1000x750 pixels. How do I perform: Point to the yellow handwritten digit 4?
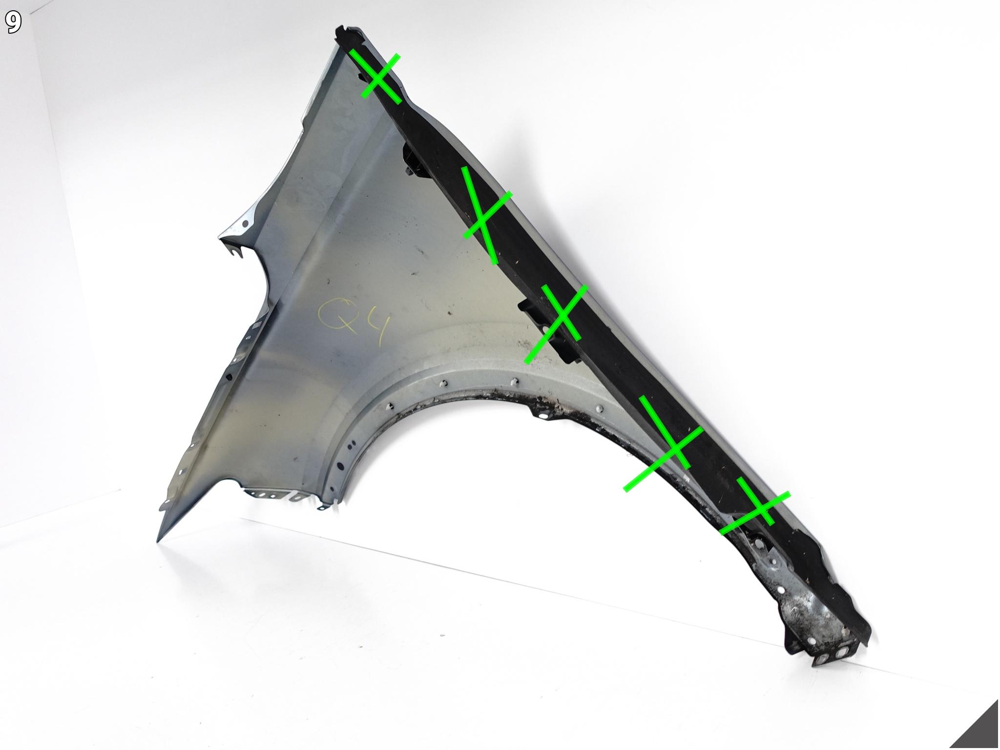pyautogui.click(x=375, y=328)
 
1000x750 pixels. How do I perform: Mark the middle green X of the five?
pyautogui.click(x=557, y=322)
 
